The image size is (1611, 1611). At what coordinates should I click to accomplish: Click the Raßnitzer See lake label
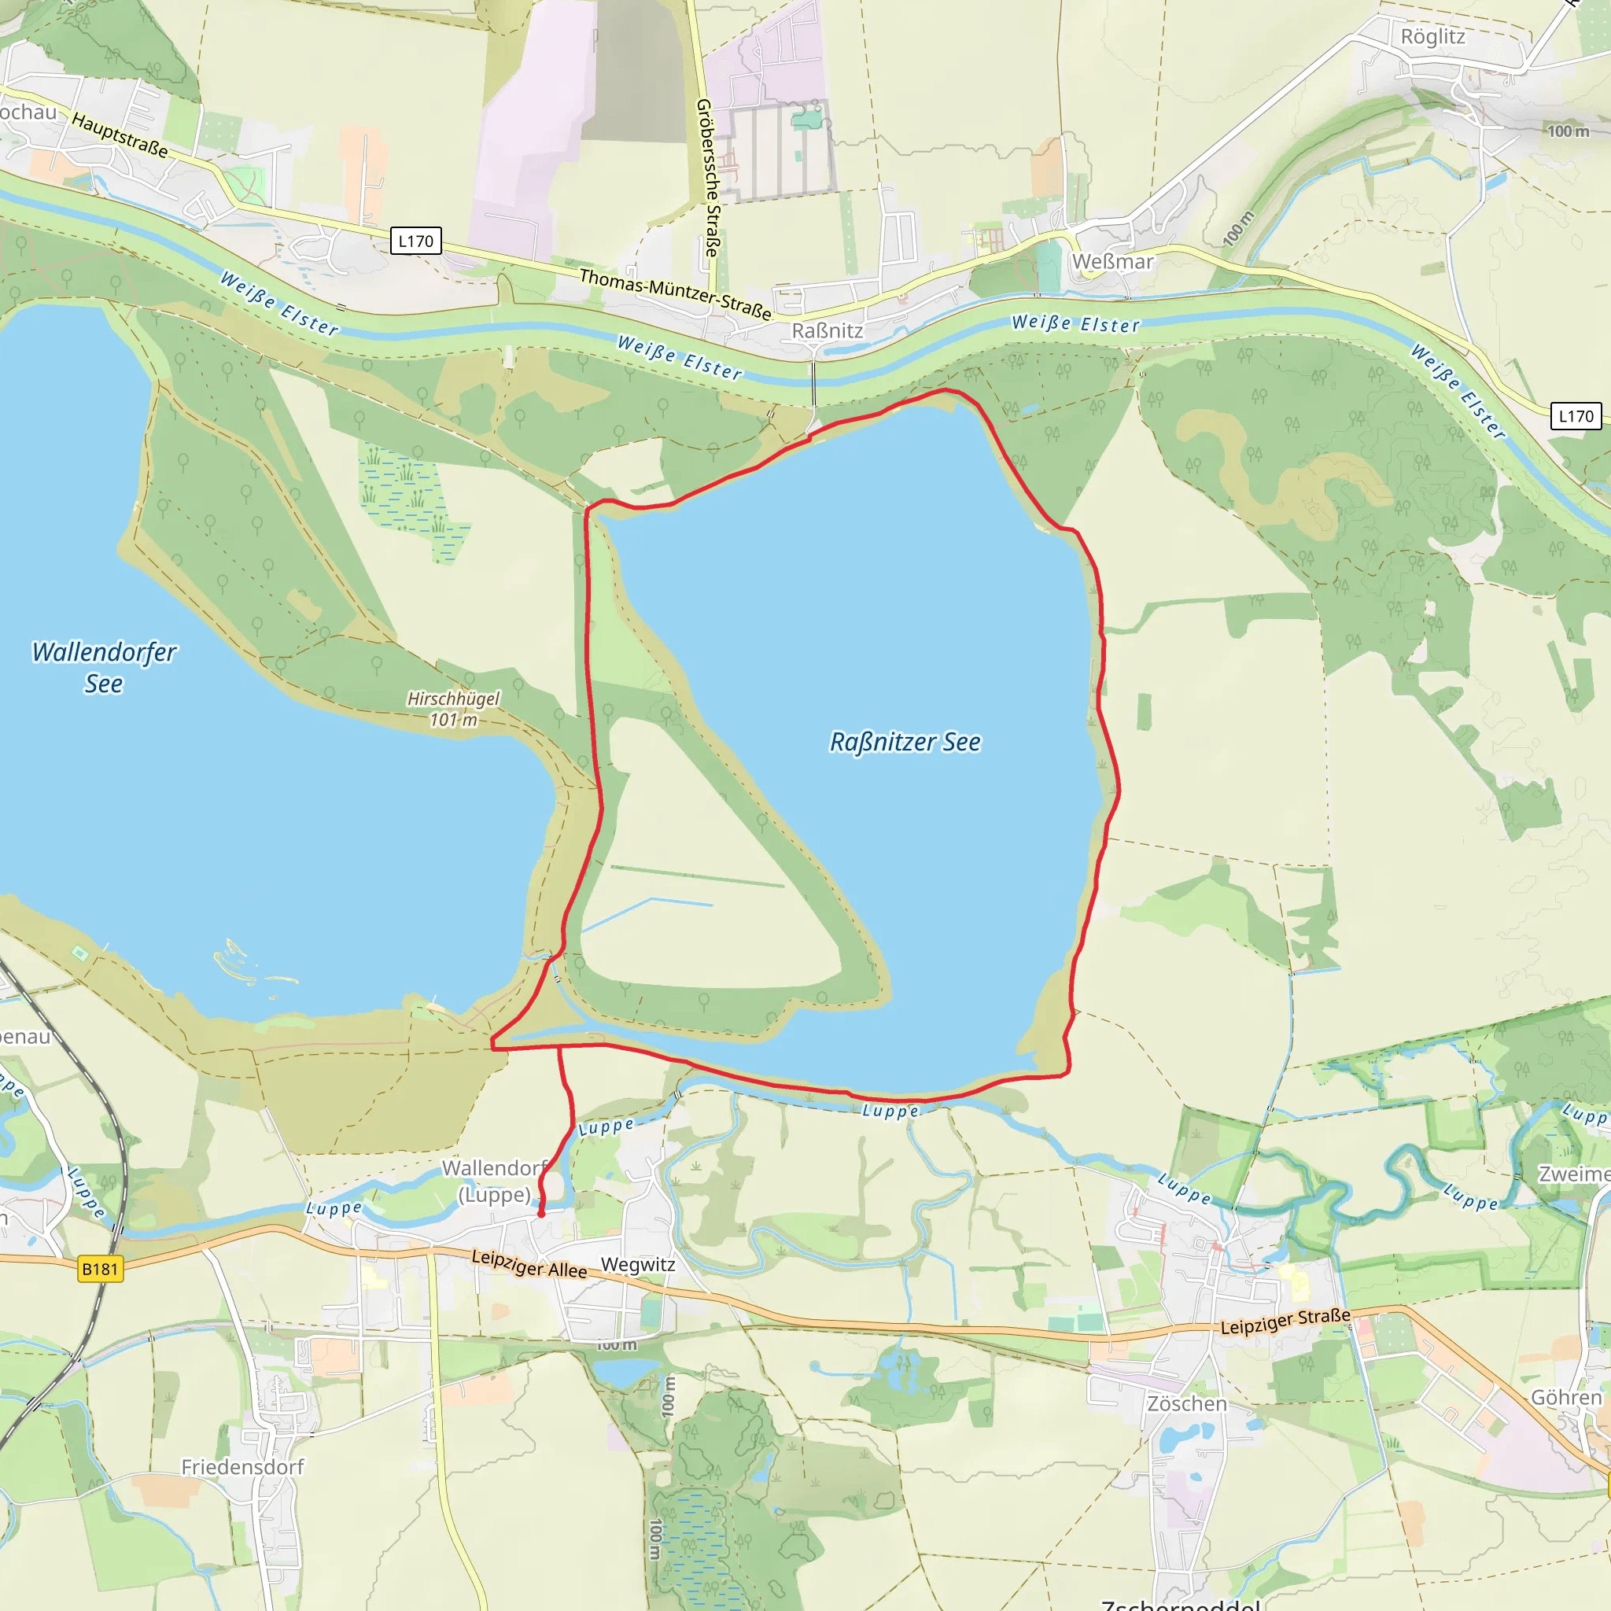pyautogui.click(x=905, y=742)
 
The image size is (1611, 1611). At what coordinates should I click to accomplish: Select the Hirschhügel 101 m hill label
pyautogui.click(x=454, y=709)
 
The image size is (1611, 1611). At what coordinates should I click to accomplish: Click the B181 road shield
pyautogui.click(x=100, y=1269)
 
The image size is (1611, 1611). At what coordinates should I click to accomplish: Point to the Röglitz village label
pyautogui.click(x=1432, y=37)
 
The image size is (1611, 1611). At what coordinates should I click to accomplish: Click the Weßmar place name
pyautogui.click(x=1112, y=262)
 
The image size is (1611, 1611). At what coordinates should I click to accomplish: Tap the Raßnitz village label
pyautogui.click(x=828, y=331)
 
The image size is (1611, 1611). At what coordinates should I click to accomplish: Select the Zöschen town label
pyautogui.click(x=1186, y=1403)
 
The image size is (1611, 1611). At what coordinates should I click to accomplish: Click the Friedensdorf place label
pyautogui.click(x=242, y=1467)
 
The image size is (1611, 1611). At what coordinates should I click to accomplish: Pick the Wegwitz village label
pyautogui.click(x=638, y=1264)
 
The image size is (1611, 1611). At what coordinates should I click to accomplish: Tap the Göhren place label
pyautogui.click(x=1566, y=1398)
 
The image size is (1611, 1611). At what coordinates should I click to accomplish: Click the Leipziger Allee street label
pyautogui.click(x=529, y=1263)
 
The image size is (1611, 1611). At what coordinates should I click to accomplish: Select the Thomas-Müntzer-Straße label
pyautogui.click(x=676, y=294)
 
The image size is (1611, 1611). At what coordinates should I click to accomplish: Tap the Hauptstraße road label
pyautogui.click(x=120, y=135)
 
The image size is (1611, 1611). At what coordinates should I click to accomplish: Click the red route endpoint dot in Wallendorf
pyautogui.click(x=541, y=1214)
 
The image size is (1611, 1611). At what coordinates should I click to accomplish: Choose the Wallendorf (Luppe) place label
pyautogui.click(x=495, y=1181)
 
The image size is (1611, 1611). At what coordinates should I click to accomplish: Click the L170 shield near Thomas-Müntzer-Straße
pyautogui.click(x=415, y=241)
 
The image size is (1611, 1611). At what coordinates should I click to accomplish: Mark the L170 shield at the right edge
pyautogui.click(x=1575, y=416)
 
